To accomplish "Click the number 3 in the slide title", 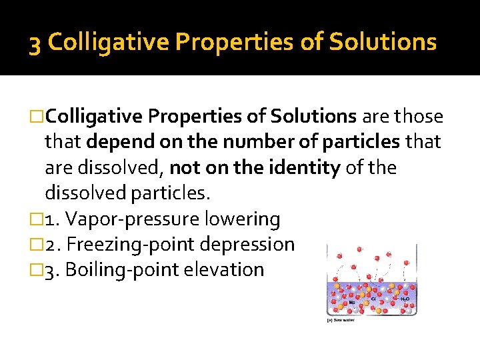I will [35, 43].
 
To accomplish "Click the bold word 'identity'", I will [309, 167].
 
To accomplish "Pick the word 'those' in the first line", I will [418, 117].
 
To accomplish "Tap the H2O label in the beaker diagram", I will [405, 300].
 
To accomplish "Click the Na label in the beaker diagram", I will [352, 302].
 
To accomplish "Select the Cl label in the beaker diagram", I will [373, 298].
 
